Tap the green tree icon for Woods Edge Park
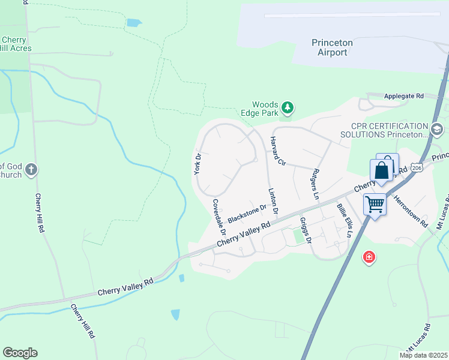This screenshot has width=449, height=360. click(x=289, y=108)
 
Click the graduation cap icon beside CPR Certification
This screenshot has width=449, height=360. click(x=437, y=128)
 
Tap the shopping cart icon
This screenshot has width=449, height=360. click(x=375, y=205)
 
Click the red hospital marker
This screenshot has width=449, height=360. click(x=369, y=257)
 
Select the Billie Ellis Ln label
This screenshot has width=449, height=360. click(x=344, y=220)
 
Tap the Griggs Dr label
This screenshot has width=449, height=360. click(x=306, y=230)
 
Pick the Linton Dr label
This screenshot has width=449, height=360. click(x=272, y=201)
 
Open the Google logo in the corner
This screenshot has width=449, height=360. click(x=20, y=352)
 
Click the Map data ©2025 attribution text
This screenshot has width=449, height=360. click(x=423, y=355)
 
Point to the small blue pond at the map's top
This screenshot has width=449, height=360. click(x=134, y=23)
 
